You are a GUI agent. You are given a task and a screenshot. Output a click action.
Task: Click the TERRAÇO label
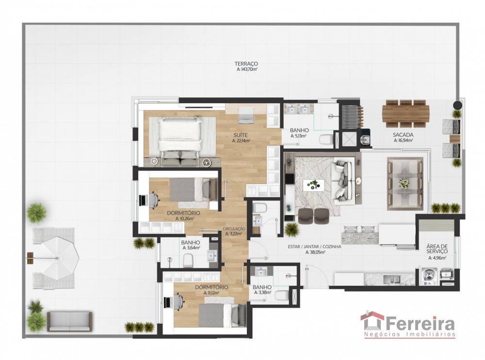tap(246, 63)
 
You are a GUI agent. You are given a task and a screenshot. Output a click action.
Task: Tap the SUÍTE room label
tap(241, 135)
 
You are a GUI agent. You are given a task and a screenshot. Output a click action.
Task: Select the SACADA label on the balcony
tap(403, 135)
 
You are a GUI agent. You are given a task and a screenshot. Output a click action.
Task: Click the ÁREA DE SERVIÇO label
tap(437, 249)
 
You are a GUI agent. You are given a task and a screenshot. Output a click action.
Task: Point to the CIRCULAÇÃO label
tap(234, 229)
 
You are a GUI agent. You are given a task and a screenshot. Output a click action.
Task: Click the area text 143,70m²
tap(247, 69)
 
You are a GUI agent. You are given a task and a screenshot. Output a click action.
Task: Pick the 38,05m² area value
tap(315, 252)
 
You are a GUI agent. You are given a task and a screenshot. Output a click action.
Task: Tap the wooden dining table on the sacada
tap(406, 113)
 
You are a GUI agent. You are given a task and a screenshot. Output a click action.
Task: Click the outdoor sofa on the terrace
tap(69, 321)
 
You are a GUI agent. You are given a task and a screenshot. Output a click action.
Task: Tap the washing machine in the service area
tap(429, 276)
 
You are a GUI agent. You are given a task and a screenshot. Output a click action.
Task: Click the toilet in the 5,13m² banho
tap(326, 140)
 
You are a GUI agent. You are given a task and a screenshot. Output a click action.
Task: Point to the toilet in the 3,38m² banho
tap(281, 295)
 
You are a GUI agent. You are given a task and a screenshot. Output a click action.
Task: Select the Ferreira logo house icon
tap(372, 321)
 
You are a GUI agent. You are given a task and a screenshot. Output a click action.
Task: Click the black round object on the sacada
tap(457, 105)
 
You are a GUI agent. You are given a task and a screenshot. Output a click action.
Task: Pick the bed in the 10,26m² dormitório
tap(194, 190)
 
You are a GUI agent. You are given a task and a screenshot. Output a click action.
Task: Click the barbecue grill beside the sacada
tap(352, 117)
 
